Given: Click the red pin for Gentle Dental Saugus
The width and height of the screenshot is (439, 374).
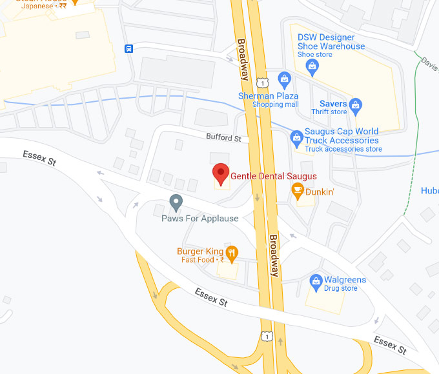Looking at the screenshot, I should tap(221, 173).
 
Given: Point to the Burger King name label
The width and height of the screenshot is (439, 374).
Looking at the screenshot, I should tap(200, 251).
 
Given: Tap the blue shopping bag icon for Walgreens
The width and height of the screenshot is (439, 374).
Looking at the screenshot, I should tap(316, 280).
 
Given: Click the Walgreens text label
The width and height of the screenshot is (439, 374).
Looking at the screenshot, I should tap(345, 280).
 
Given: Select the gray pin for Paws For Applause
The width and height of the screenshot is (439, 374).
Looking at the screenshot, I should tap(176, 202).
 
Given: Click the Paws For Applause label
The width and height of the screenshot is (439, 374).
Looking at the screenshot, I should tap(199, 219).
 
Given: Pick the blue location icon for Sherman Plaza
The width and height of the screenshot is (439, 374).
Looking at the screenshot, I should tap(284, 80).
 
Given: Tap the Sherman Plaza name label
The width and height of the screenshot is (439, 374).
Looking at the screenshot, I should tap(268, 96).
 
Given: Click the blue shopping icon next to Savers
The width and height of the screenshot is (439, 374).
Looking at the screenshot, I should tap(355, 104).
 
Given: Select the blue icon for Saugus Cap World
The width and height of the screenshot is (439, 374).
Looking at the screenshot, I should tap(296, 137).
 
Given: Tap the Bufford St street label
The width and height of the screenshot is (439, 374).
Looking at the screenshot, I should tap(223, 138).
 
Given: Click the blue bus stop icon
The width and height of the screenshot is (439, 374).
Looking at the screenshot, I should tap(129, 48).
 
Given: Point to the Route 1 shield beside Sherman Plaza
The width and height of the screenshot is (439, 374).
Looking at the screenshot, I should tap(262, 82).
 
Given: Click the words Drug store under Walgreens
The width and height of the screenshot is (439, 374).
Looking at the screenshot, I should tap(340, 289).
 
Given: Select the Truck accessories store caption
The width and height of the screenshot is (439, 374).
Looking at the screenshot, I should tap(343, 150).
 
